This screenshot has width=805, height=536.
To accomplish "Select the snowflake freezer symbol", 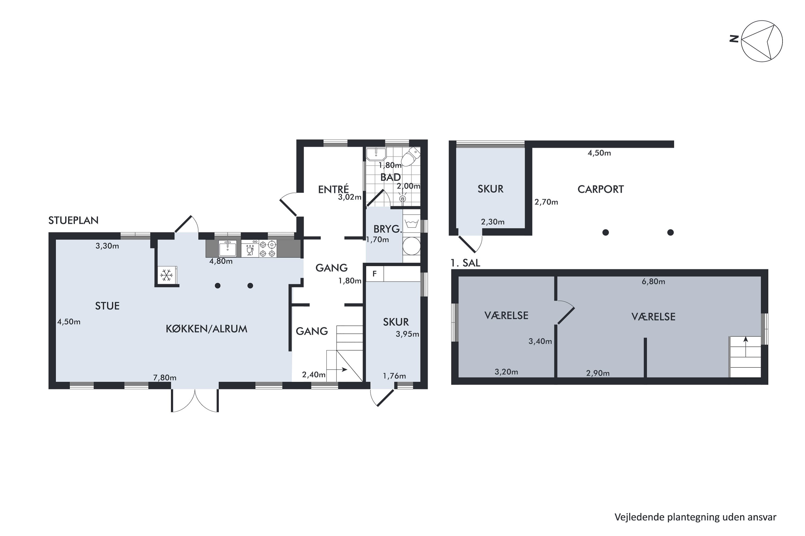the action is (x=167, y=275).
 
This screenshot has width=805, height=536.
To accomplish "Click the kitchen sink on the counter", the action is (x=227, y=248).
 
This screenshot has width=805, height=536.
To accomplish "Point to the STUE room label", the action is (x=107, y=306).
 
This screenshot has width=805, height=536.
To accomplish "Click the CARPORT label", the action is (x=601, y=189).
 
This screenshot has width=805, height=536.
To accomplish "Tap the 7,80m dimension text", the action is (x=165, y=378).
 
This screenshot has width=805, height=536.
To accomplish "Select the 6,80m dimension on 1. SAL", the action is (x=653, y=282).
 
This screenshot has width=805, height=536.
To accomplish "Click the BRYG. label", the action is (x=387, y=229).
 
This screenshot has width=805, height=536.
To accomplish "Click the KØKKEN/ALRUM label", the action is (x=206, y=329).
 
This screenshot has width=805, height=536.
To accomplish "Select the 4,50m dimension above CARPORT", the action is (x=599, y=153).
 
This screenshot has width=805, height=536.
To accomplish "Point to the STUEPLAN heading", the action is (x=73, y=221).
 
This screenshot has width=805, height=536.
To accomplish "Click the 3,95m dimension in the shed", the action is (x=407, y=334).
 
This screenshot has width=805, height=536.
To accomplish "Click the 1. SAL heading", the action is (x=466, y=263).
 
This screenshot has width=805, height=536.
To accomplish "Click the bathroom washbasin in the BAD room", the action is (x=376, y=154).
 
